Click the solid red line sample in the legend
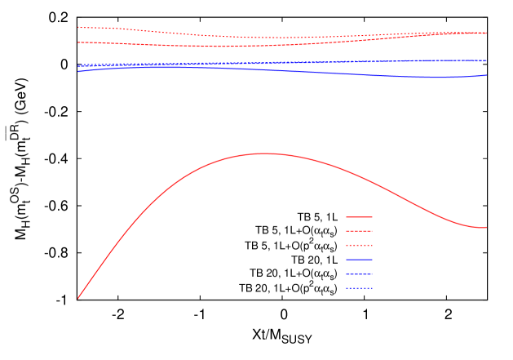(359, 217)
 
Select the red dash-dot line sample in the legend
(359, 231)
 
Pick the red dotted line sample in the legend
(359, 245)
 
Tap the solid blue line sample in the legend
(359, 260)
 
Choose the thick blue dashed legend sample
(359, 273)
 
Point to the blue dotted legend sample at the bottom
(359, 287)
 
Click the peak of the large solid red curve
(265, 153)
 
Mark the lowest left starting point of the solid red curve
(78, 298)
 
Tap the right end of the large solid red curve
(487, 227)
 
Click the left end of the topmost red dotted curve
(78, 27)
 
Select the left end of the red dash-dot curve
(78, 42)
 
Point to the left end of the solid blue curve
(78, 71)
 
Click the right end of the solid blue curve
(487, 75)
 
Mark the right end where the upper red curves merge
(487, 33)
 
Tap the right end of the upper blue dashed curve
(487, 60)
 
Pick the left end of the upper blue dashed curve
(78, 65)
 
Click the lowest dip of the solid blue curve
(432, 77)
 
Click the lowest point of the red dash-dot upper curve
(220, 47)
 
